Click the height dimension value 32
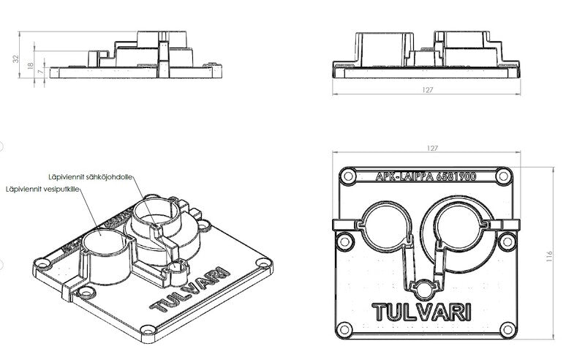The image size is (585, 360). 16,59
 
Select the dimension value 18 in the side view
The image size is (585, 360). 30,67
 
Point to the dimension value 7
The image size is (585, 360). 39,73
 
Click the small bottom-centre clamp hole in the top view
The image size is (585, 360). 425,283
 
